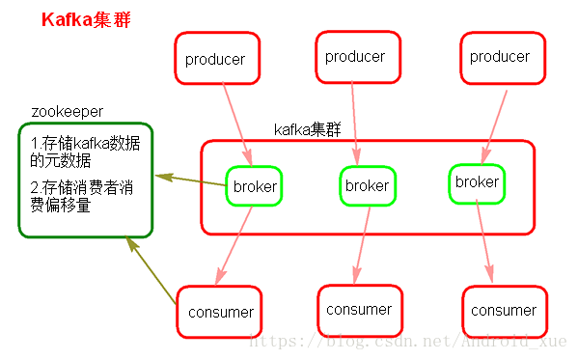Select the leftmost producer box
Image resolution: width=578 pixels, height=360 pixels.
click(215, 59)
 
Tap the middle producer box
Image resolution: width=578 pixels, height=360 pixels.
click(355, 57)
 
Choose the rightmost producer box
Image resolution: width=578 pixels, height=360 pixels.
click(499, 57)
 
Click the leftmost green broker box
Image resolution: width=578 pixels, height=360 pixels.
click(255, 186)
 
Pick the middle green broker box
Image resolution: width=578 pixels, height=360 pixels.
click(368, 185)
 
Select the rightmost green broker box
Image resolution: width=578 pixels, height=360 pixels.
click(477, 182)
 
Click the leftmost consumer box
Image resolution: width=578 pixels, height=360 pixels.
click(221, 312)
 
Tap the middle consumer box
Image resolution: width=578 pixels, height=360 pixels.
click(359, 310)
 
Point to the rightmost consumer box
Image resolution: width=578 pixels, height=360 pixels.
click(504, 311)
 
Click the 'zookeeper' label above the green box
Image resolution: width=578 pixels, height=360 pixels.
click(67, 112)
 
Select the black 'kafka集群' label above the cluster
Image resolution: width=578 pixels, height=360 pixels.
click(307, 130)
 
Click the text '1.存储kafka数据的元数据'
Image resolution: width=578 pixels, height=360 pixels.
click(84, 152)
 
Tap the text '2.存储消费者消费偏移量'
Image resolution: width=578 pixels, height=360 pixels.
click(81, 197)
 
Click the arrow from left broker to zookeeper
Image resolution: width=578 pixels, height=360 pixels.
click(191, 180)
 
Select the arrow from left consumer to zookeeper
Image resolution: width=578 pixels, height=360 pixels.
click(152, 271)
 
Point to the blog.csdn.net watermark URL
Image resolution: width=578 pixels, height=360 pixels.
click(410, 341)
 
